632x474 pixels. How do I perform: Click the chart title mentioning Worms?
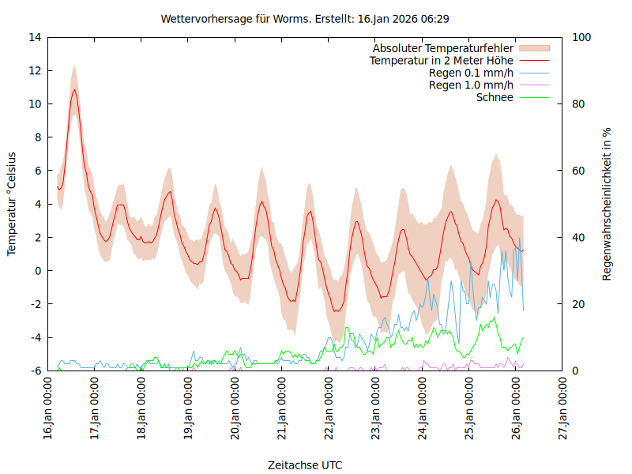(x=305, y=18)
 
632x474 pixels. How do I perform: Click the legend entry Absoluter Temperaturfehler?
(x=443, y=48)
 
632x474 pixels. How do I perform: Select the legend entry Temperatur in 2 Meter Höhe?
(x=442, y=61)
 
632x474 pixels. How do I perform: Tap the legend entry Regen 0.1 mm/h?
(x=471, y=73)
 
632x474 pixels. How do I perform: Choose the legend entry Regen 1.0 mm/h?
(x=471, y=85)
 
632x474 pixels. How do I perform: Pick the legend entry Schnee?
(x=495, y=97)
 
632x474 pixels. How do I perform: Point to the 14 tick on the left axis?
(x=35, y=37)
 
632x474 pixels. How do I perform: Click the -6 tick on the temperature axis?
(x=35, y=371)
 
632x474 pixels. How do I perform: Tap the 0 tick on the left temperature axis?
(x=38, y=271)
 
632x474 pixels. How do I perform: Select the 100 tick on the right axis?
(x=580, y=37)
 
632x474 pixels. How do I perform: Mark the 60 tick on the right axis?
(x=577, y=171)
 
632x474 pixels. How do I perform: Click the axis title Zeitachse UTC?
(x=305, y=465)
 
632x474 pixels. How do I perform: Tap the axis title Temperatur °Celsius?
(x=12, y=204)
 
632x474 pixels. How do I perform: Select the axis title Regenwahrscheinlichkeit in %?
(x=608, y=204)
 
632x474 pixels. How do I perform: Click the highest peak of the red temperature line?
(x=74, y=89)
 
